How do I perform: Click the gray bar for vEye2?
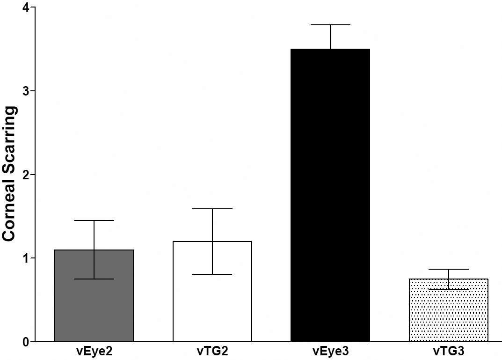click(94, 309)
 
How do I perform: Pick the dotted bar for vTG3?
click(449, 318)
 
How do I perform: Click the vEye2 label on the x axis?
click(94, 351)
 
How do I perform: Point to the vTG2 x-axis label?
click(212, 351)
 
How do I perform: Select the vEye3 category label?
click(330, 351)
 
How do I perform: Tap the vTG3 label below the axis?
click(449, 351)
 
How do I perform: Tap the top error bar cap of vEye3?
click(330, 25)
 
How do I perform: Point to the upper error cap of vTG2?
click(212, 209)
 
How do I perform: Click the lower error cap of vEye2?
click(94, 279)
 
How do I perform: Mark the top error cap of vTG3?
click(449, 269)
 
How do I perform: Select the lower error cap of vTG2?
click(212, 274)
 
